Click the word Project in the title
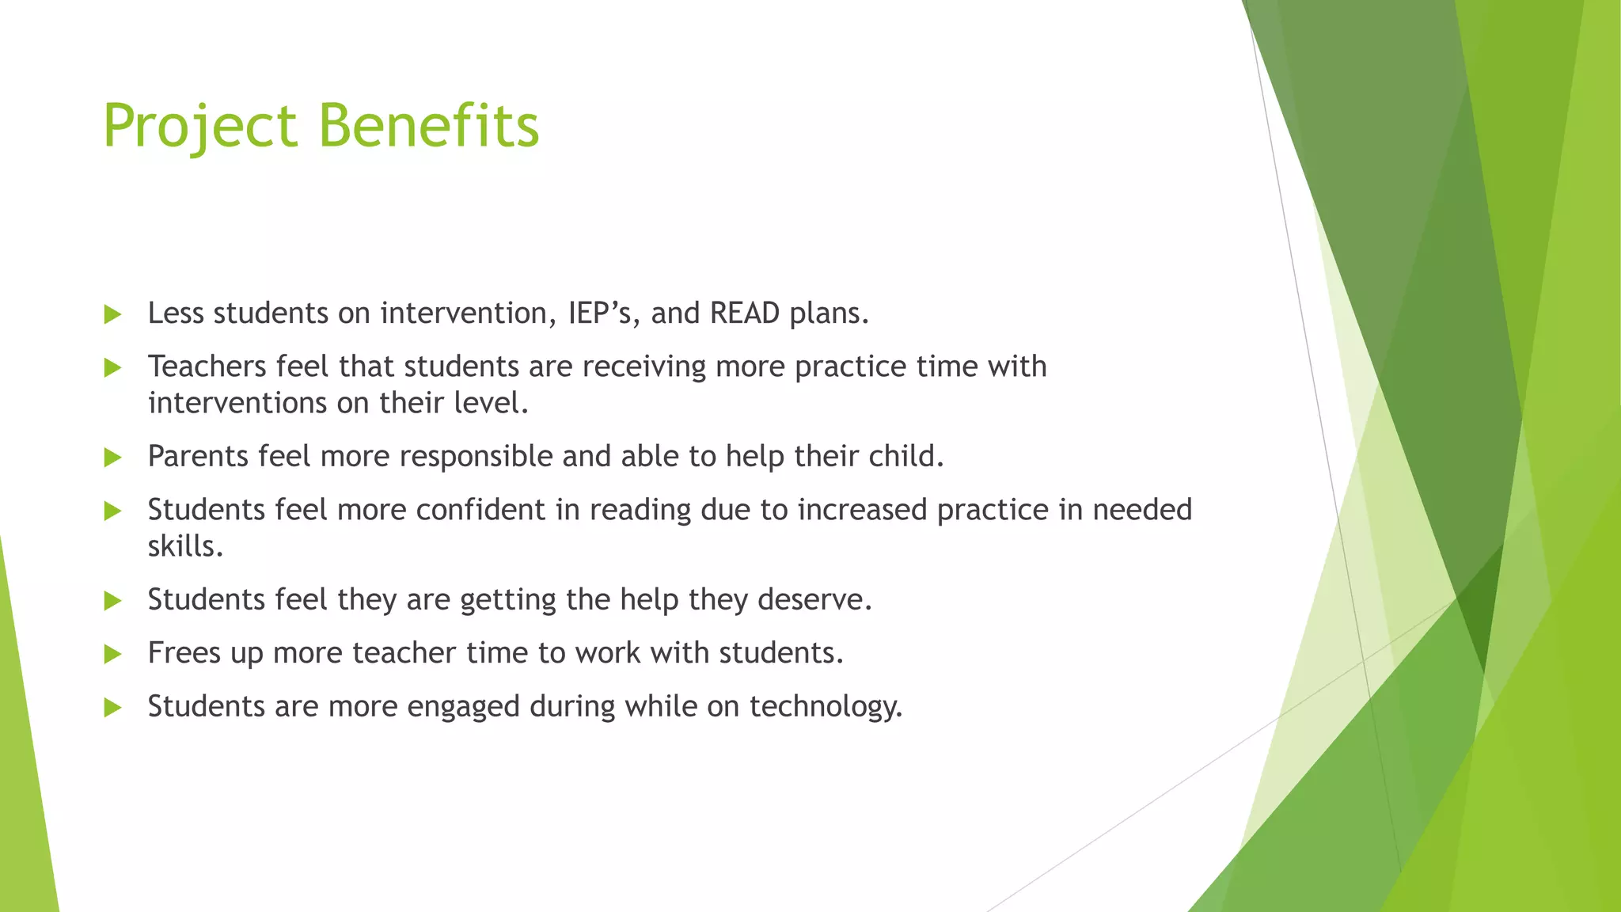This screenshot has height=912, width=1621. click(200, 127)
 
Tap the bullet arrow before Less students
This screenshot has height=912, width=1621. click(112, 315)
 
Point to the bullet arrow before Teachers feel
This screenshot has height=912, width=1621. click(112, 368)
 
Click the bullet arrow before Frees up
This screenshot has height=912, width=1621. click(112, 655)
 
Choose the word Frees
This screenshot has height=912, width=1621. click(184, 653)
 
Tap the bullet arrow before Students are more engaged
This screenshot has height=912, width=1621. click(112, 708)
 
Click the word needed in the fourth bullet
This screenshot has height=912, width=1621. click(1141, 510)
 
